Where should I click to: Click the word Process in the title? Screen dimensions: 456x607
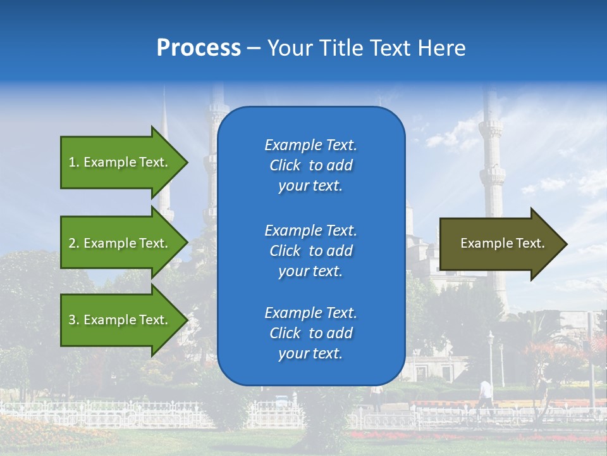(199, 48)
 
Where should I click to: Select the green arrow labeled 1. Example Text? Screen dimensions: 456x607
(120, 162)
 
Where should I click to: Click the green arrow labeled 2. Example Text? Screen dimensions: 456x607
(120, 243)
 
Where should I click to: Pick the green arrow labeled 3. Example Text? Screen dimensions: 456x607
(120, 320)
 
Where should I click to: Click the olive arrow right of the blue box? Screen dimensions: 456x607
(500, 244)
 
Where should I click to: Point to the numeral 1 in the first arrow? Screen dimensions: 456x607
(71, 162)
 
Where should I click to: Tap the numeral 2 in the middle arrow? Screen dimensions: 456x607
(72, 243)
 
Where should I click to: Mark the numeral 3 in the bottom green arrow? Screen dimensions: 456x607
(72, 320)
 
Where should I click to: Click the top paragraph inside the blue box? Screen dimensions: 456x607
(310, 165)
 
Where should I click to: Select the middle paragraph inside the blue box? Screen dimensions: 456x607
(310, 251)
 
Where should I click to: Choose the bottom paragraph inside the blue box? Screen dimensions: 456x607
(310, 333)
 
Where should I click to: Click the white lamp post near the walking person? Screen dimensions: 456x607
(491, 361)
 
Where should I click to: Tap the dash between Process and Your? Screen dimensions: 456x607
(254, 49)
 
